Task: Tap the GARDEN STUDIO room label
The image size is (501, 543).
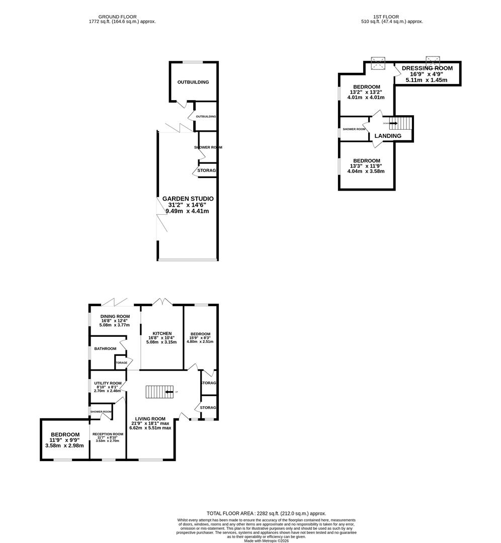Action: (x=188, y=199)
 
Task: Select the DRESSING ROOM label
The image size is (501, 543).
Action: (x=427, y=68)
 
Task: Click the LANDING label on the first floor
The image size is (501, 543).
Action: (x=387, y=136)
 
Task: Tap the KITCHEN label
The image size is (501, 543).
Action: (x=162, y=333)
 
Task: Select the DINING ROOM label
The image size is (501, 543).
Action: (x=112, y=316)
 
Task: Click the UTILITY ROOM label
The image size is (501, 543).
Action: (x=108, y=383)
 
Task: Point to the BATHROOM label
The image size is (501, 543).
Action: (x=105, y=348)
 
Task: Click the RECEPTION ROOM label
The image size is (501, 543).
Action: (x=107, y=434)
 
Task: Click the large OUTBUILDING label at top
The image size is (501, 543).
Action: (x=193, y=82)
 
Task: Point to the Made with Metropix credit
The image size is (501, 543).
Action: (x=267, y=540)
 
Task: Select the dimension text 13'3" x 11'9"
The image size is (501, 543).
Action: (x=367, y=166)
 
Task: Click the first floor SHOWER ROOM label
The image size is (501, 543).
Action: (x=354, y=129)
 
